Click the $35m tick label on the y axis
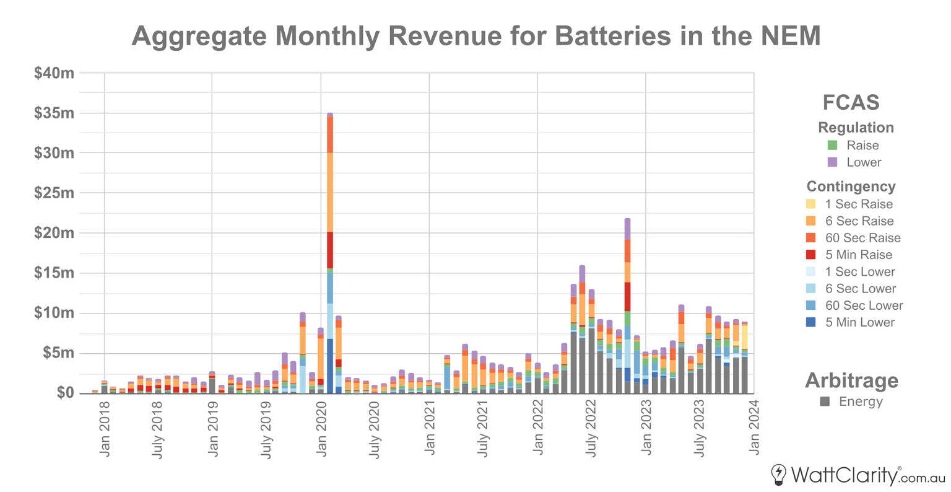click(x=54, y=113)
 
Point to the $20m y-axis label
click(x=54, y=234)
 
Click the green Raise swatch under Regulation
click(x=832, y=146)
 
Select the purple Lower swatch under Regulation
click(x=832, y=162)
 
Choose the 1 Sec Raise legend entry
click(x=858, y=204)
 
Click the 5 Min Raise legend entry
click(x=858, y=255)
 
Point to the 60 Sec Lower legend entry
click(x=863, y=305)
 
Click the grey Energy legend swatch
click(x=825, y=402)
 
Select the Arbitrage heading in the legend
click(x=851, y=380)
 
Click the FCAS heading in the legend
click(x=851, y=102)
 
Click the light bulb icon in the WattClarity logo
click(x=778, y=475)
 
